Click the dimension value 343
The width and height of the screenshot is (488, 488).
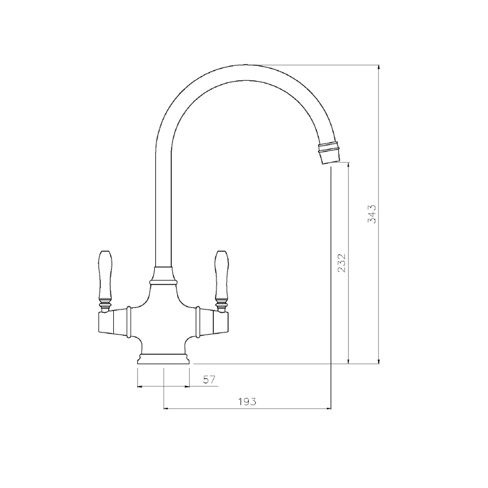tap(372, 214)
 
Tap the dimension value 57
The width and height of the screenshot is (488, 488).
tap(209, 380)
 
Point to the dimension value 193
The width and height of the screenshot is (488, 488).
tap(247, 402)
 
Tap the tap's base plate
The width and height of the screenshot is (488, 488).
tap(163, 359)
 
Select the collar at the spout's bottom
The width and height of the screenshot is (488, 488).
tap(163, 276)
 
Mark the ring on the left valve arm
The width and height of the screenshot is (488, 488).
tap(129, 322)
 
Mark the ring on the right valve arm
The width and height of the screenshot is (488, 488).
tap(198, 322)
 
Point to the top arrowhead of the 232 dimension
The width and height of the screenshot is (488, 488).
tap(348, 166)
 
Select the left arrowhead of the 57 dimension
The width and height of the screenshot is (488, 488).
tap(141, 386)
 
